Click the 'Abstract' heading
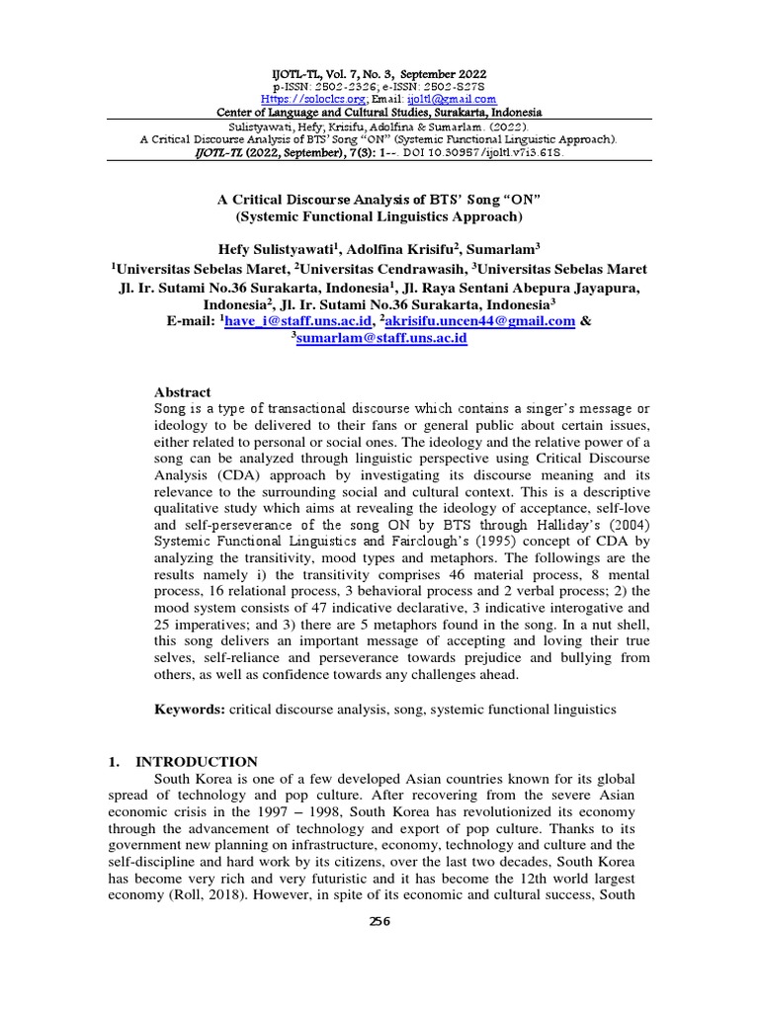[x=183, y=392]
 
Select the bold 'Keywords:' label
[x=189, y=710]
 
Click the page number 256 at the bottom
[x=379, y=921]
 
